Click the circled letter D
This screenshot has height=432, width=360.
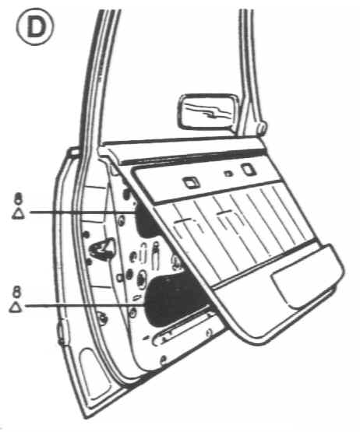(35, 27)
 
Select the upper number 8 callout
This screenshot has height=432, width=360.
(18, 198)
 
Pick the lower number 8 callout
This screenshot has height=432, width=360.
(17, 292)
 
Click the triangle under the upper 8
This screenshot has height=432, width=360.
(18, 214)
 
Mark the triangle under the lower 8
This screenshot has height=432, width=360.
(16, 307)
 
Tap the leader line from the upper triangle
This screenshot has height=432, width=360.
(82, 212)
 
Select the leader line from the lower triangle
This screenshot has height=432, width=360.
(85, 305)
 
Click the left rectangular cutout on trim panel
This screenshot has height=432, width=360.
(191, 183)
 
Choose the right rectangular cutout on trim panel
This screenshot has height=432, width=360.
(249, 169)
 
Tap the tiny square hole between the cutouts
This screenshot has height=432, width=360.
(228, 174)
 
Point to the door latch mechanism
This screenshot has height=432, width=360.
(101, 249)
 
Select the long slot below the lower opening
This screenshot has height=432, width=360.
(183, 329)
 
